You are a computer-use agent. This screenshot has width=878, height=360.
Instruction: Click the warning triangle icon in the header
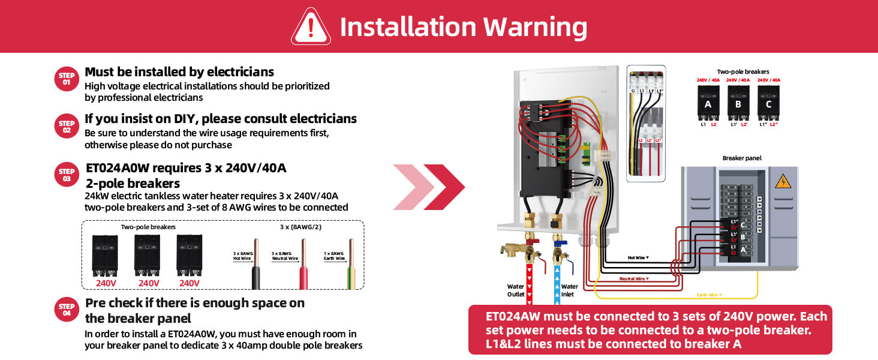tap(311, 27)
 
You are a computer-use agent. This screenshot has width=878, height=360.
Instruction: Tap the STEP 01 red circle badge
tap(67, 79)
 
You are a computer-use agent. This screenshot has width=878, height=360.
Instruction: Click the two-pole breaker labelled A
tap(708, 101)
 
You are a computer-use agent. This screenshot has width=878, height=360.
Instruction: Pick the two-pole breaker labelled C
tap(769, 101)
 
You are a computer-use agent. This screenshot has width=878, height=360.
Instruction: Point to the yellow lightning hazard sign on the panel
tap(783, 182)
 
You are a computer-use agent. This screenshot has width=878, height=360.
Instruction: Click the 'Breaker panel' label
tap(742, 158)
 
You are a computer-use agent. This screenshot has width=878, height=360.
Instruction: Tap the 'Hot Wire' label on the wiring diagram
tap(638, 257)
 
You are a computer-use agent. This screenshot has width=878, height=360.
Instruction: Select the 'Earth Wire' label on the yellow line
tap(709, 295)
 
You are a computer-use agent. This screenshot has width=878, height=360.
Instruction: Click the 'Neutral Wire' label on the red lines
tap(634, 278)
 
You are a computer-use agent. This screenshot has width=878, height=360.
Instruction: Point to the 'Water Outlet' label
tap(516, 290)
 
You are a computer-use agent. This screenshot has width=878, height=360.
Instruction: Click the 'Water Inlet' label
tap(569, 290)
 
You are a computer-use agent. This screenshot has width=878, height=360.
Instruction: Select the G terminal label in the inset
tap(633, 91)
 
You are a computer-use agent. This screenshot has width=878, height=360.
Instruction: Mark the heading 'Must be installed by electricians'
tap(179, 72)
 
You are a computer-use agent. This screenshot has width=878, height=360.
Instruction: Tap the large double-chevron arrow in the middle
tap(429, 187)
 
